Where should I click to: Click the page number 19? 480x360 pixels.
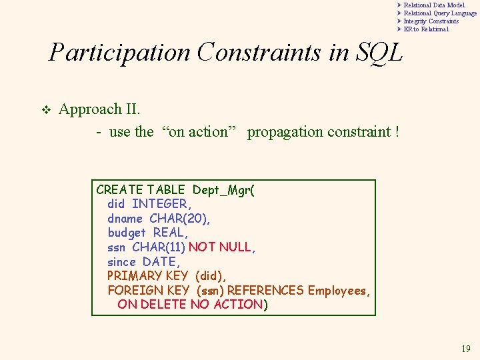pyautogui.click(x=465, y=349)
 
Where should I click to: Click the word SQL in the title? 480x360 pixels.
pyautogui.click(x=379, y=52)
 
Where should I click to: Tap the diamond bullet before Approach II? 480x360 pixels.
pyautogui.click(x=45, y=110)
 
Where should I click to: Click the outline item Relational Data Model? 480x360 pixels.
pyautogui.click(x=434, y=5)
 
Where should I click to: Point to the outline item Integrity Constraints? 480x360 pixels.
pyautogui.click(x=431, y=21)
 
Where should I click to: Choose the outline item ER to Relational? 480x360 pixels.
pyautogui.click(x=426, y=29)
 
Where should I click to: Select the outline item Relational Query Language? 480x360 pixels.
pyautogui.click(x=440, y=13)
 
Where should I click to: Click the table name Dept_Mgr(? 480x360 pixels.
pyautogui.click(x=223, y=190)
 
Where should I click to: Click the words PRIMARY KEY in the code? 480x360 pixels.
pyautogui.click(x=148, y=276)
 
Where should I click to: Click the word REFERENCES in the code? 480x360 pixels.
pyautogui.click(x=265, y=291)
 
